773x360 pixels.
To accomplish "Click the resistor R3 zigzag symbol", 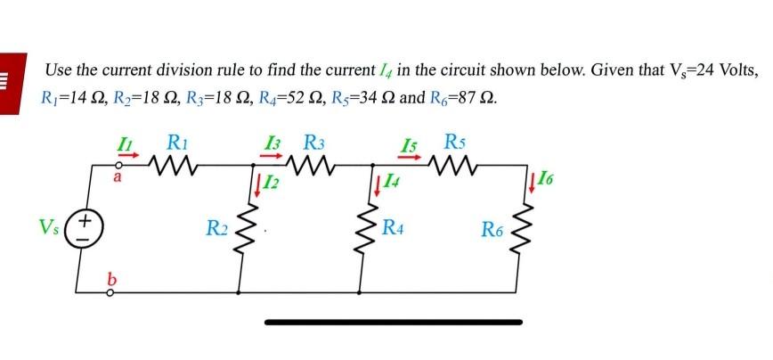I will coord(312,164).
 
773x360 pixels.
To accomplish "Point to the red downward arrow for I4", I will coord(378,184).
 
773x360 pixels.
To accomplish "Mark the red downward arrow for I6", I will coord(532,184).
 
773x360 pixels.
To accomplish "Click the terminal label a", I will coord(117,177).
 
